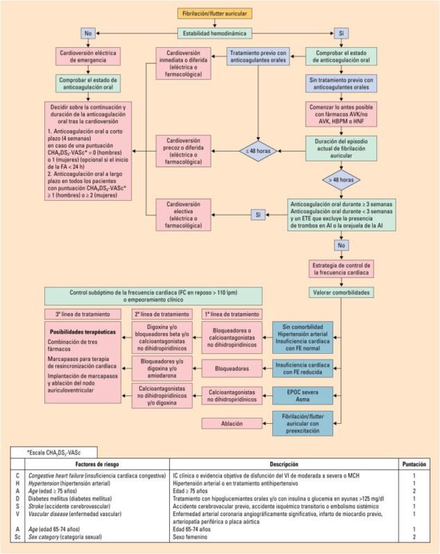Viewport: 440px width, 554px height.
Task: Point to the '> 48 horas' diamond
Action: coord(340,181)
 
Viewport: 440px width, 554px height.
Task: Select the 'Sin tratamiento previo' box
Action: coord(340,83)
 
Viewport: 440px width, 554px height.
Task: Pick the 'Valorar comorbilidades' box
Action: coord(340,292)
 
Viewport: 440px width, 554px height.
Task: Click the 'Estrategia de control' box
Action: coord(340,269)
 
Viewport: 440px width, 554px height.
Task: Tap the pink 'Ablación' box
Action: coord(231,423)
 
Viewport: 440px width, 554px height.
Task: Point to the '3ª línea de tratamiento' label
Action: coord(76,314)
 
